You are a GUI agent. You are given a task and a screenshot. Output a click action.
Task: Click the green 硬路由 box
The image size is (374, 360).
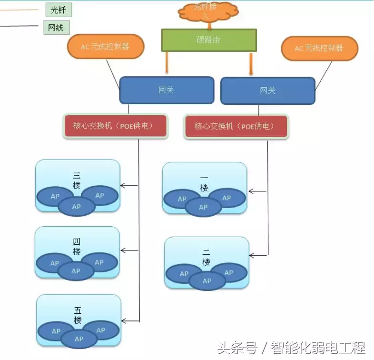coord(208,40)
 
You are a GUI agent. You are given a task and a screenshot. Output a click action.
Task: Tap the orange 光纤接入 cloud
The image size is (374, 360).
coord(208,13)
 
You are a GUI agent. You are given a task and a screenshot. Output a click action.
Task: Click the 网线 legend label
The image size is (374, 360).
coord(56,28)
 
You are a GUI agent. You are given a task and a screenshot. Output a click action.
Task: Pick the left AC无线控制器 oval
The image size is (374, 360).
coord(105,47)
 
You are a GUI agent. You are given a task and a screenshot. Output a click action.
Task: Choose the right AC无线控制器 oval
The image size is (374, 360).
coord(319,49)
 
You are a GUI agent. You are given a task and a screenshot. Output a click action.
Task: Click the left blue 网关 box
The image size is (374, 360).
coord(166,90)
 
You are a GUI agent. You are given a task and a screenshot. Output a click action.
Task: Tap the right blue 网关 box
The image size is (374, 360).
coord(267,90)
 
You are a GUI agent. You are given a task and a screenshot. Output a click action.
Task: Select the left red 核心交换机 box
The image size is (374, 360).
coord(115,126)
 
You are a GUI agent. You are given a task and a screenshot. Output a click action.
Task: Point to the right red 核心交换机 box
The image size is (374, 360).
coord(236,127)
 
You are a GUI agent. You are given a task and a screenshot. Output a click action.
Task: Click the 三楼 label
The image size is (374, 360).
coord(77,180)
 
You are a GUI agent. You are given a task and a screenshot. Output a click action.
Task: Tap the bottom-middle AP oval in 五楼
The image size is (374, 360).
coord(78,339)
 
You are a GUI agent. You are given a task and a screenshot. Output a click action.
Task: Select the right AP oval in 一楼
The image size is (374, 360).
coord(226,198)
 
